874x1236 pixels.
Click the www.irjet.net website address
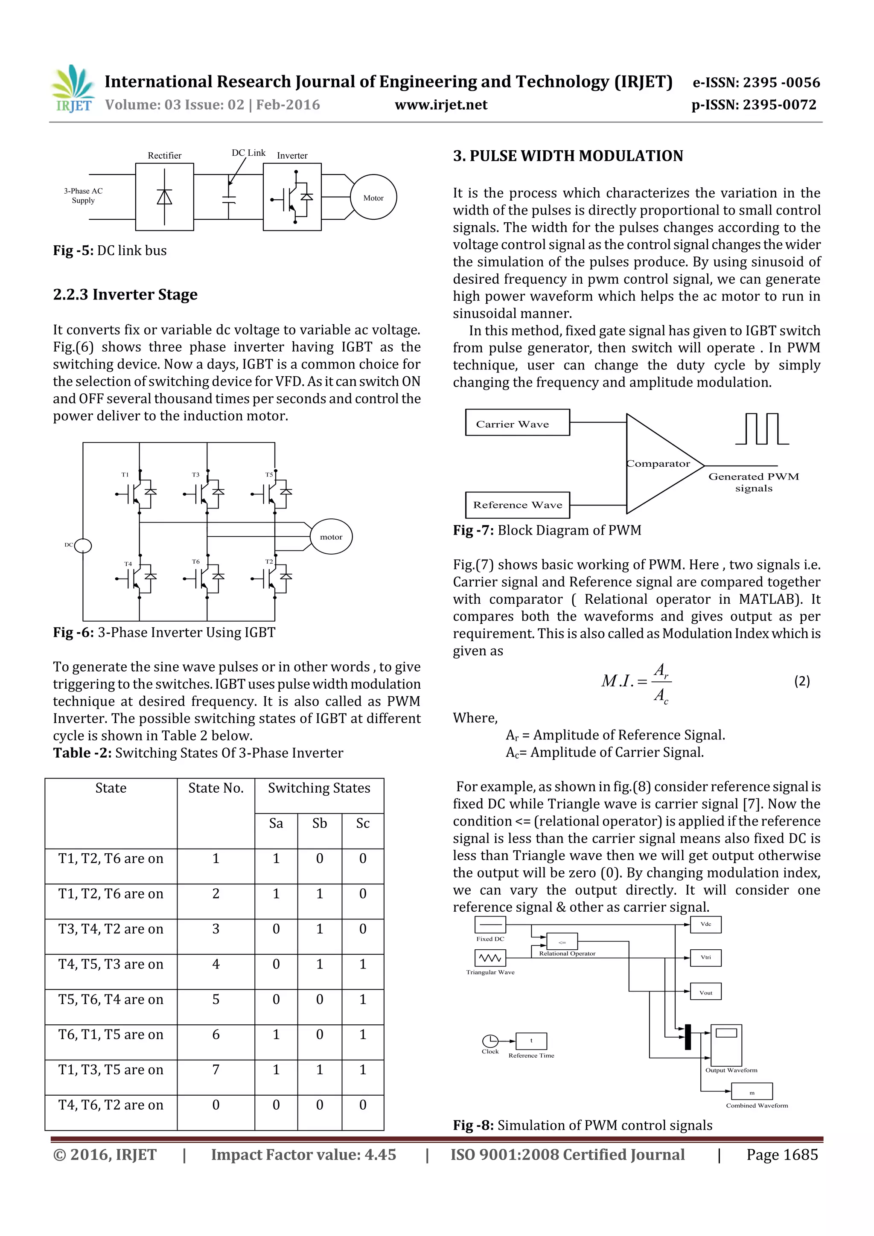coord(440,105)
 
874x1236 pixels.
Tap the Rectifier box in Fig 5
coord(164,197)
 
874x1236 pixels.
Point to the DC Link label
coord(248,153)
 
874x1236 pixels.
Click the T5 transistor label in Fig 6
coord(269,475)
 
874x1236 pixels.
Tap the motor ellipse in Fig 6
coord(331,537)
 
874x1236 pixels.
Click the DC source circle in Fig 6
coord(83,546)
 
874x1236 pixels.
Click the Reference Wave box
coord(517,505)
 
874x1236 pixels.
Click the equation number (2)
coord(802,681)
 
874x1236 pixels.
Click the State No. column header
coord(216,788)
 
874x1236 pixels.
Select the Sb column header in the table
coord(319,823)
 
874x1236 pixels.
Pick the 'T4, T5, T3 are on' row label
coord(111,964)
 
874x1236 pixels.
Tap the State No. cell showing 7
coord(216,1070)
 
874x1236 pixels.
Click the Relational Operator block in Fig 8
coord(562,942)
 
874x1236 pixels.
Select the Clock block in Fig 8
coord(490,1041)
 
